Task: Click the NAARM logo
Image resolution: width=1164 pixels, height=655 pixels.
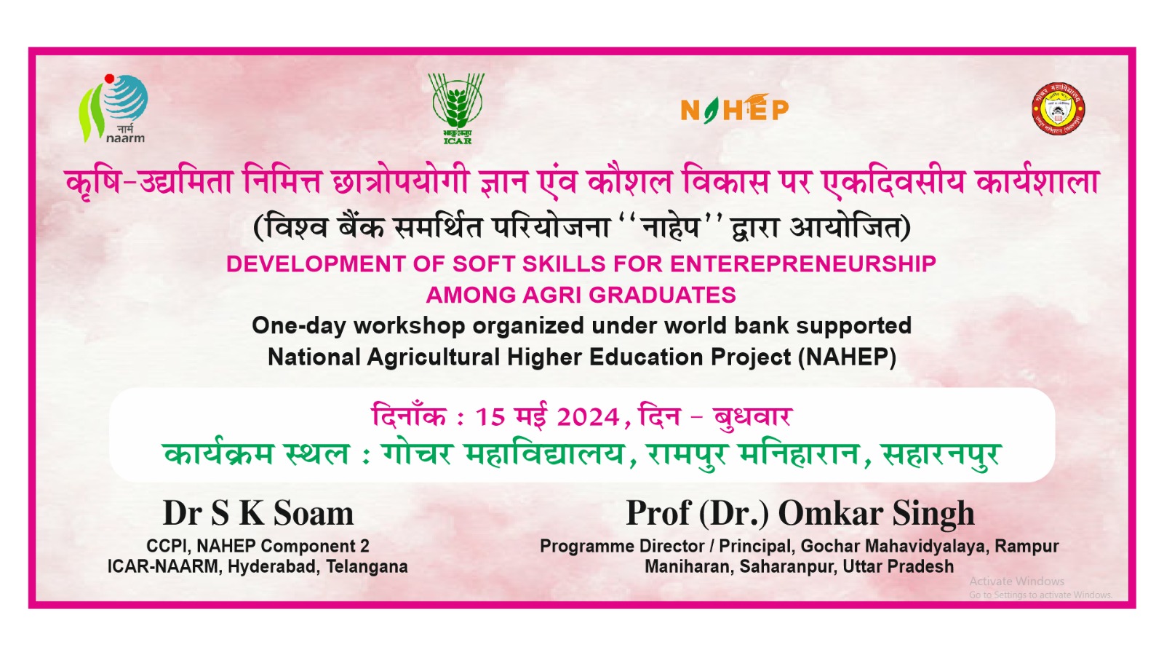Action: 113,108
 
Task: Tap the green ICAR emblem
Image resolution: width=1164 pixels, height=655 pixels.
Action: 457,109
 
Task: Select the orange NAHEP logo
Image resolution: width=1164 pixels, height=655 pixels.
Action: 735,108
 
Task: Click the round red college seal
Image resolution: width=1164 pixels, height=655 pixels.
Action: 1058,108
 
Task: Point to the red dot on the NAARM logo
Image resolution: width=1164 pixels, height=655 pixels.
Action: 109,79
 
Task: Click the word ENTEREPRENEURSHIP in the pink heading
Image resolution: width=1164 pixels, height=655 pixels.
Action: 803,264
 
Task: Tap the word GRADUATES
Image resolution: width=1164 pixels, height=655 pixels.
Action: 663,295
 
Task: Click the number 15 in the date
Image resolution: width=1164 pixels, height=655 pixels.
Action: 490,418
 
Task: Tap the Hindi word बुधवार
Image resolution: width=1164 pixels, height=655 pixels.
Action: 752,416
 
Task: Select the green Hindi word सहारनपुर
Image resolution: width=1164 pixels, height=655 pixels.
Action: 942,454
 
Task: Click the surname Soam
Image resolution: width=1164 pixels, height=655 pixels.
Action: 314,514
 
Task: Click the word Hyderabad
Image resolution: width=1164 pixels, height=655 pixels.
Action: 272,567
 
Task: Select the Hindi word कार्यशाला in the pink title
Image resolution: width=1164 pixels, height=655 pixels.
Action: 1037,182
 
